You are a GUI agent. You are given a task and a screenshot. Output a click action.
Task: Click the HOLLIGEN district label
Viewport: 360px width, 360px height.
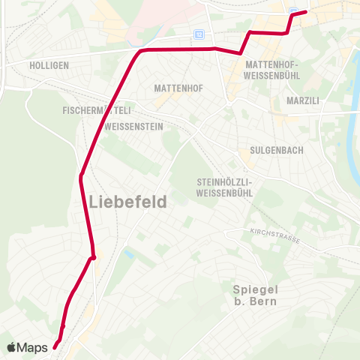49,65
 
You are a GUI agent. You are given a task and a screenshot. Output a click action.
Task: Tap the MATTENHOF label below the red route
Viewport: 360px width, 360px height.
178,88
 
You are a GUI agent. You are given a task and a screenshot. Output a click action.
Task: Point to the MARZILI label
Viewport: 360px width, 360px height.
303,100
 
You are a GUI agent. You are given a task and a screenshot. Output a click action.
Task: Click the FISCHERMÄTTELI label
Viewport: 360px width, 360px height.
97,110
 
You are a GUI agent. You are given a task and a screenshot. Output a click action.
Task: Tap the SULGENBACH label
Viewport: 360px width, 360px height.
277,150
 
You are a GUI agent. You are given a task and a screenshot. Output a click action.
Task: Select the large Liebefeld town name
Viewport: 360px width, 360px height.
127,202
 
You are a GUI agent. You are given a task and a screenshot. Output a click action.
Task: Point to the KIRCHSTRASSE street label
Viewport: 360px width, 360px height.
275,235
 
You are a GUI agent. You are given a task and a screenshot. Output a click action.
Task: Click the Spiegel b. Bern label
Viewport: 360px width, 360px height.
255,295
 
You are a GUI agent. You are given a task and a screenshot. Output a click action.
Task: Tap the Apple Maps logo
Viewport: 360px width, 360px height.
28,347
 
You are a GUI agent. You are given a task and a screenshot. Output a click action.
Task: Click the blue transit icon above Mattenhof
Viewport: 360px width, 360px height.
199,34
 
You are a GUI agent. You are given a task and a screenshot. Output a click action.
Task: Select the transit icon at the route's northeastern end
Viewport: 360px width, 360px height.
295,10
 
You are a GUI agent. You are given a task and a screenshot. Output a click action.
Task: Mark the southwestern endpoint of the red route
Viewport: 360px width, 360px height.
55,346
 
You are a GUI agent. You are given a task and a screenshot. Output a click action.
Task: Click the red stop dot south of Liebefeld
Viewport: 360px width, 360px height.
93,258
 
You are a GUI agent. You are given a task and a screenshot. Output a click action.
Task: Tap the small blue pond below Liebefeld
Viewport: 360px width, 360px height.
127,255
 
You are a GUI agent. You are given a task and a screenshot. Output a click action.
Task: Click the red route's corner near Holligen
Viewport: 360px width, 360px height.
140,50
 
